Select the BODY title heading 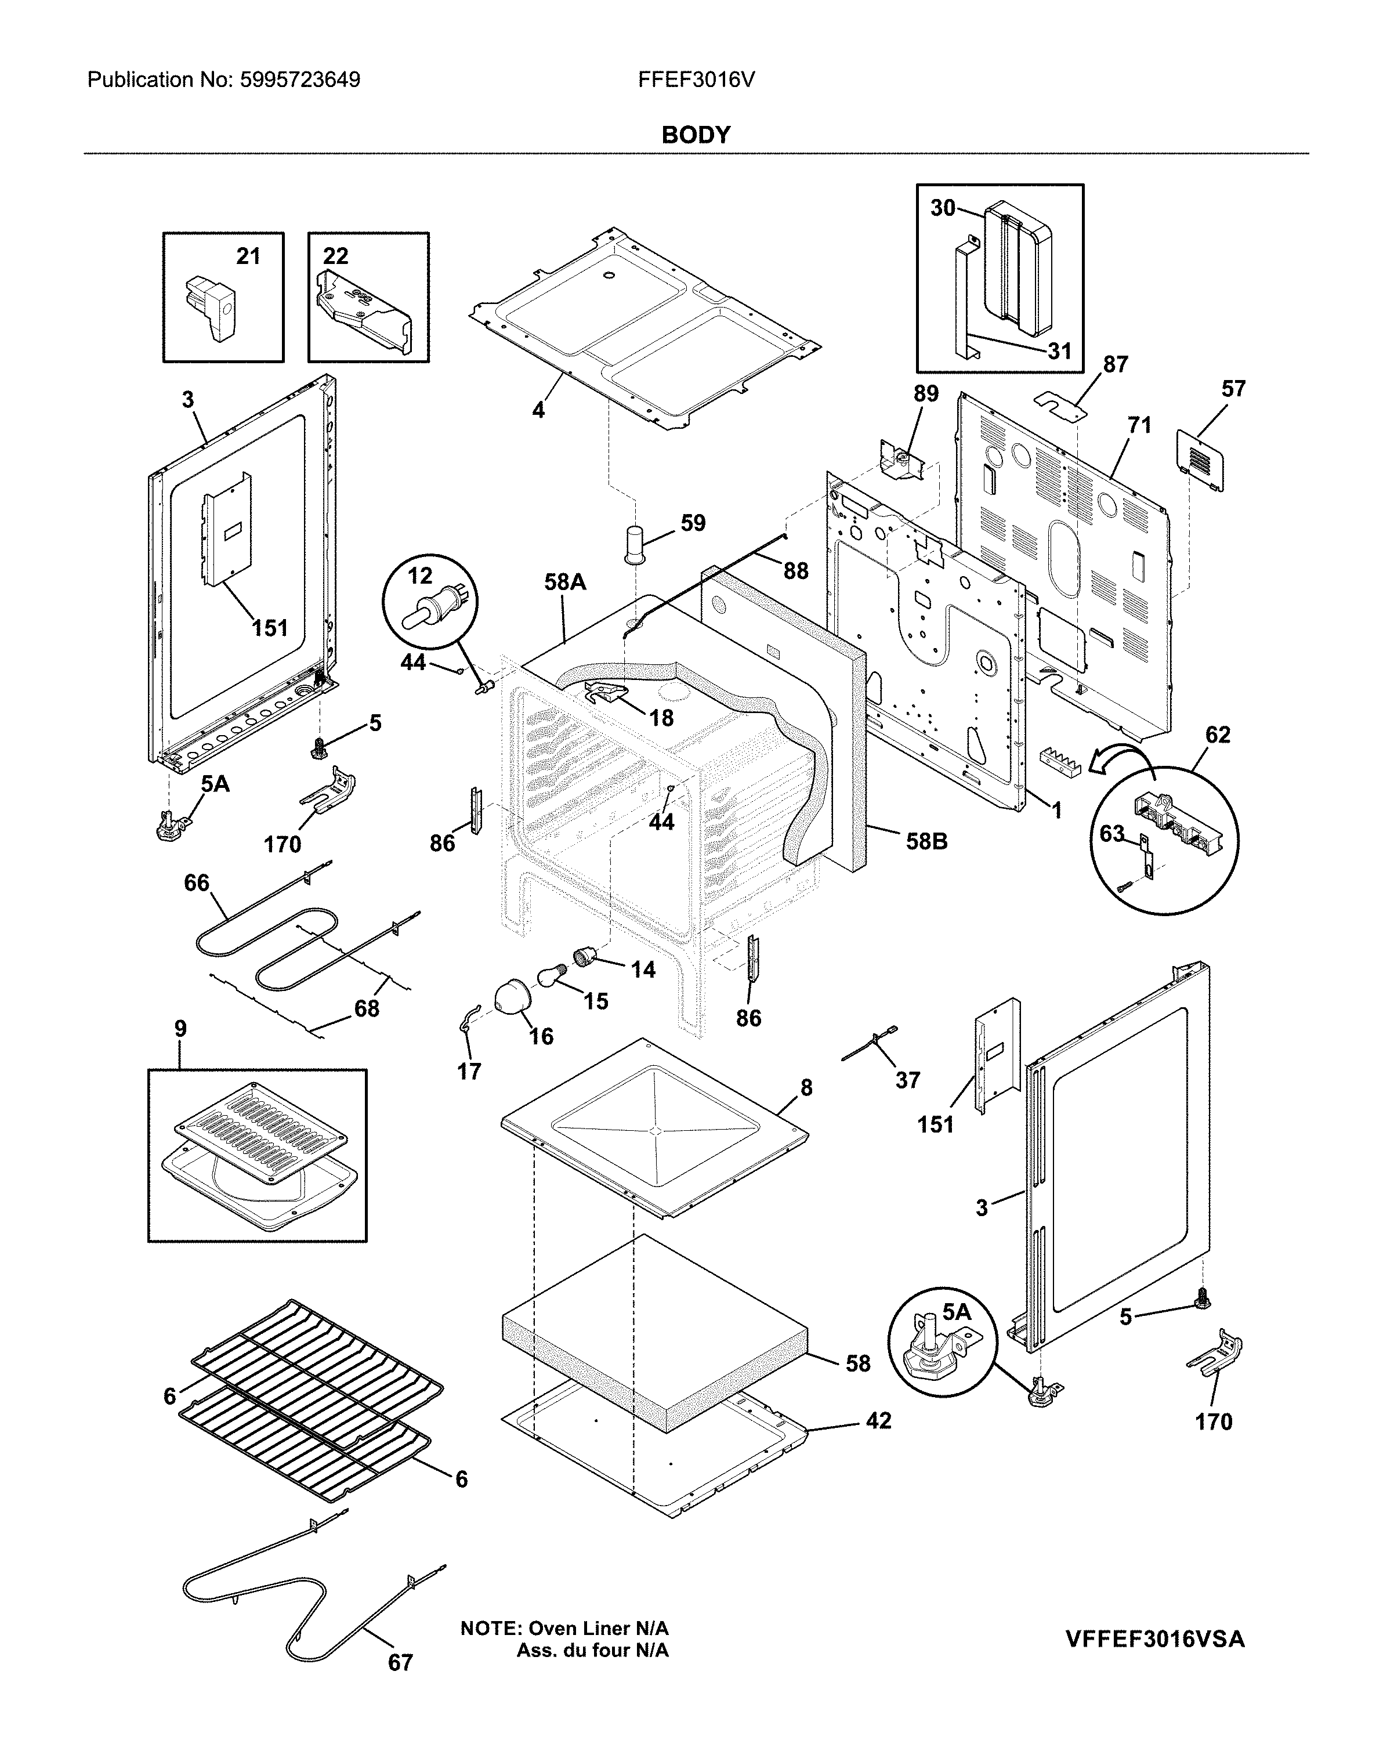pyautogui.click(x=696, y=135)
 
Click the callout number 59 pyautogui.click(x=692, y=523)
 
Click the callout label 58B pyautogui.click(x=927, y=841)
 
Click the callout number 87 pyautogui.click(x=1114, y=364)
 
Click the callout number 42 pyautogui.click(x=878, y=1420)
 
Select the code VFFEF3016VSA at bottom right pyautogui.click(x=1154, y=1639)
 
